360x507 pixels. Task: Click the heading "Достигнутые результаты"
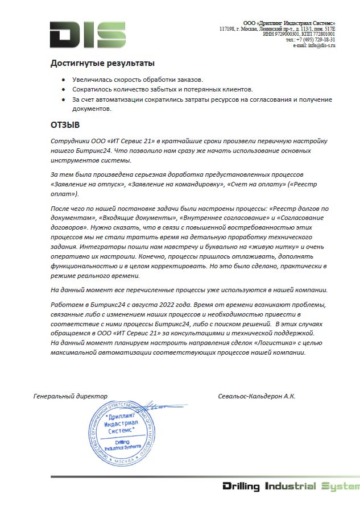102,63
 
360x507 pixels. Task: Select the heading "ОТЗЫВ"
65,124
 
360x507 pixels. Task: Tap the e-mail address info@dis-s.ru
321,45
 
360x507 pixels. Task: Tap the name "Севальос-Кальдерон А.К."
256,396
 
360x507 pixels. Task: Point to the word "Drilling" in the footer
241,487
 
